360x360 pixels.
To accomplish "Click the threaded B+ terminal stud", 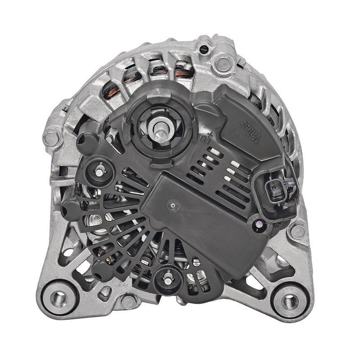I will tap(161, 129).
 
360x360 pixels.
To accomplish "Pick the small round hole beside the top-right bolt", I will tap(205, 48).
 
